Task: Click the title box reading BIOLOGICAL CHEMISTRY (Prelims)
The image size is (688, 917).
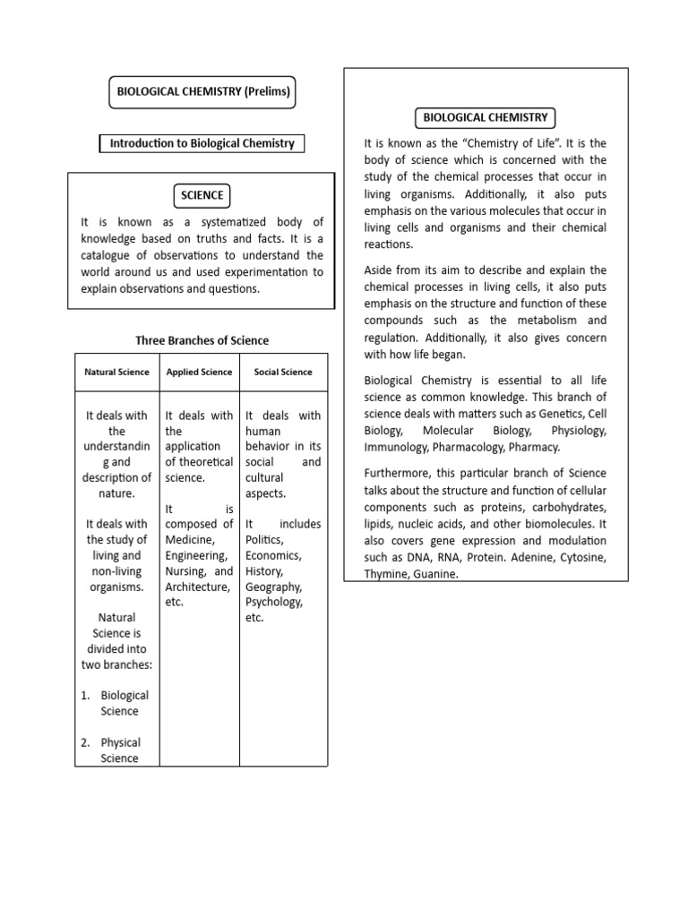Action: click(202, 90)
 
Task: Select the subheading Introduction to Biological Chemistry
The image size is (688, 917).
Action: click(202, 143)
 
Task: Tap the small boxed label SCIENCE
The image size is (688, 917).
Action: click(202, 195)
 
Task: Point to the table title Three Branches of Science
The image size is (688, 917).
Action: click(202, 340)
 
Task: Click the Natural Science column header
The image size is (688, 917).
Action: click(116, 372)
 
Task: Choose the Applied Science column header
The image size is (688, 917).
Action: click(199, 372)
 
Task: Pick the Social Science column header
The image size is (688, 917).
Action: click(283, 372)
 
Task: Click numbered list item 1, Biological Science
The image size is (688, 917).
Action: click(125, 703)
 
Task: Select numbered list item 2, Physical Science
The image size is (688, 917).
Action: click(121, 750)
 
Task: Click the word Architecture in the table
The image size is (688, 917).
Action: click(196, 587)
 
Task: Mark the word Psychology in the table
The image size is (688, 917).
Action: click(274, 602)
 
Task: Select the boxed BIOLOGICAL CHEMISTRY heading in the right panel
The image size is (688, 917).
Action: click(485, 117)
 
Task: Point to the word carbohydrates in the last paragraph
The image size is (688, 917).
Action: click(567, 507)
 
